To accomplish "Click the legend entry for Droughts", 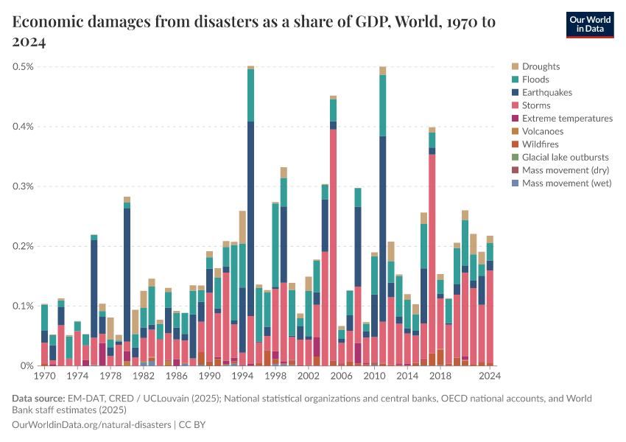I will (x=541, y=66).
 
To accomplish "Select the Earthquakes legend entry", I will (x=546, y=92).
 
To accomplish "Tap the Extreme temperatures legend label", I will (x=567, y=118).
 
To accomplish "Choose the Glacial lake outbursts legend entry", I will (x=565, y=157).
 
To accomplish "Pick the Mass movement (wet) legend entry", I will (x=566, y=183).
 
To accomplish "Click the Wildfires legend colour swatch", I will (x=515, y=144).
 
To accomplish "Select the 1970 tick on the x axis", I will (x=45, y=376).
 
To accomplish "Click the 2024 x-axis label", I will (x=490, y=376).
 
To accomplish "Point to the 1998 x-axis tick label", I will (x=275, y=376).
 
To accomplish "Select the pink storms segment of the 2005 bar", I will (x=334, y=243).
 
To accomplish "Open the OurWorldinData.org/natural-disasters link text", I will (x=91, y=425).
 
